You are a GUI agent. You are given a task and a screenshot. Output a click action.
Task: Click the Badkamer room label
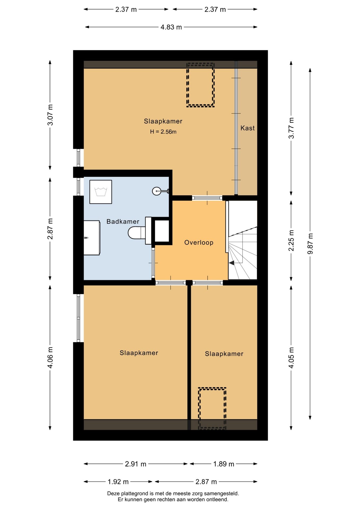123,221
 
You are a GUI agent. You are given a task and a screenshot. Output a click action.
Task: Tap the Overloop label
199,243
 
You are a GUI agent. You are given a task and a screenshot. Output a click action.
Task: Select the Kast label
248,128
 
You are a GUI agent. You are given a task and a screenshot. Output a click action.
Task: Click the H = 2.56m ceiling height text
163,132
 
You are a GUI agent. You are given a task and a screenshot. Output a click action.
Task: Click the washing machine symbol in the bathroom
101,192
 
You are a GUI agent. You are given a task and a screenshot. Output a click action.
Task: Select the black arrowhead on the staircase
232,263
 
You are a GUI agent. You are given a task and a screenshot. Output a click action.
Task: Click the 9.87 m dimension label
310,244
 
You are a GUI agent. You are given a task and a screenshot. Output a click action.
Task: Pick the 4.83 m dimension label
171,27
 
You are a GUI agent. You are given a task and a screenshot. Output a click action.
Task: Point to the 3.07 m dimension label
50,115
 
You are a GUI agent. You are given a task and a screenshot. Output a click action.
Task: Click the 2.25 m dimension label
291,240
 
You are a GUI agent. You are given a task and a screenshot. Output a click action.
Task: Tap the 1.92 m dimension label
118,482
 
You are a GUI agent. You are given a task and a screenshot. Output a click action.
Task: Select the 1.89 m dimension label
224,464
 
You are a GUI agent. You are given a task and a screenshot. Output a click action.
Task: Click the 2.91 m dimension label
135,464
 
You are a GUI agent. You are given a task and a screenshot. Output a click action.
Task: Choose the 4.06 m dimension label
50,358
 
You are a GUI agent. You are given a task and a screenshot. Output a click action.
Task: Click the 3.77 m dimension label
291,128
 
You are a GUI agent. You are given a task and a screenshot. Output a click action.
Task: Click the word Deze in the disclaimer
113,494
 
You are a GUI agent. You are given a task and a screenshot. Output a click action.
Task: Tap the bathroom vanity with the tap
92,238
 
